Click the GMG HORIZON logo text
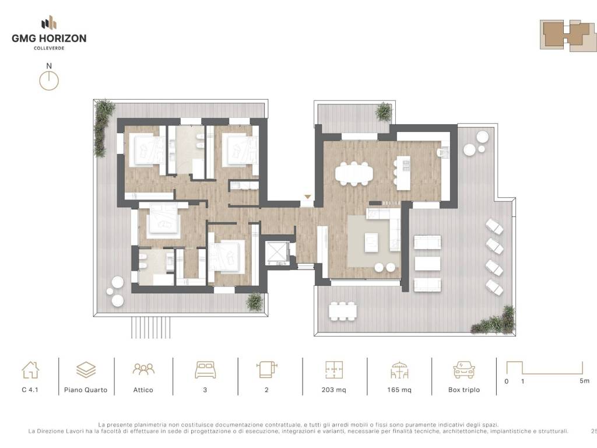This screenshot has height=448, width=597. [49, 38]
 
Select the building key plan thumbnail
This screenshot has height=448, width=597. [568, 36]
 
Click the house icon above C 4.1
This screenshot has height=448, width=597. [30, 370]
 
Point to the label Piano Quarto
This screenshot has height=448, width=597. [86, 390]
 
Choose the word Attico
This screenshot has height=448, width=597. [143, 390]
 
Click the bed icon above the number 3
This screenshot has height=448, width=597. [205, 370]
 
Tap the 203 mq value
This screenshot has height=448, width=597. [334, 390]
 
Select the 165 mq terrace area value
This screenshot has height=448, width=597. [399, 390]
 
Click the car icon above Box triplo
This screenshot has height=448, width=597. [463, 369]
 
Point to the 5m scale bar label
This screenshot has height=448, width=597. [584, 380]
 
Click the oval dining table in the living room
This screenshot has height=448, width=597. [354, 174]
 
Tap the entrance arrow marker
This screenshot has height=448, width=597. [308, 197]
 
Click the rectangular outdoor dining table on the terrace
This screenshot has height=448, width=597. [343, 311]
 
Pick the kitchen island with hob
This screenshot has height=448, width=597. [403, 173]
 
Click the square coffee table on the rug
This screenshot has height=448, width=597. [372, 243]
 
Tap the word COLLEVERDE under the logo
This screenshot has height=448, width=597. [49, 48]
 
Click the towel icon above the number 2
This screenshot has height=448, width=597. [266, 369]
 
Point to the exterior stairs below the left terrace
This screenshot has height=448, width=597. [151, 327]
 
